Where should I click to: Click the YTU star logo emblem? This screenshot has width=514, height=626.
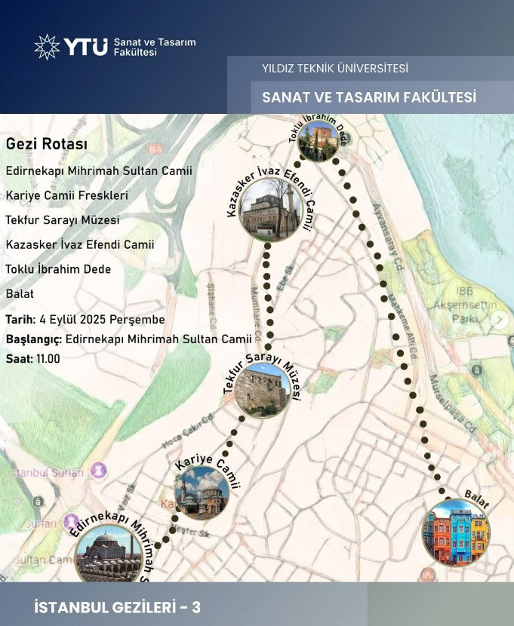(x=47, y=47)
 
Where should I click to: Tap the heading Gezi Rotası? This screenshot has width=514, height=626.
(x=47, y=143)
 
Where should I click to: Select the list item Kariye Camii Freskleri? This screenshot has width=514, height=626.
(x=66, y=195)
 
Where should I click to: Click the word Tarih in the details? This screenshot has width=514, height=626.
(x=20, y=319)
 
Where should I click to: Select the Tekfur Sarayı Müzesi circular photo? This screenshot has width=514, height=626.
(x=262, y=391)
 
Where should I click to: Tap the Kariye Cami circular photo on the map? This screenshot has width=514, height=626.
(x=202, y=493)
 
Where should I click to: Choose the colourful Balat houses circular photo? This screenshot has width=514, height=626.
(x=456, y=532)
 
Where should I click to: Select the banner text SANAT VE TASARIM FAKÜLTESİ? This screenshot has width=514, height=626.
(x=369, y=97)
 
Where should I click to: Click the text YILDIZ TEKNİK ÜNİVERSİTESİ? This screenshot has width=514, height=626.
(x=335, y=69)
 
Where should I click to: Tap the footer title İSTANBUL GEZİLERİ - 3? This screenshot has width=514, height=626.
(x=118, y=607)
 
